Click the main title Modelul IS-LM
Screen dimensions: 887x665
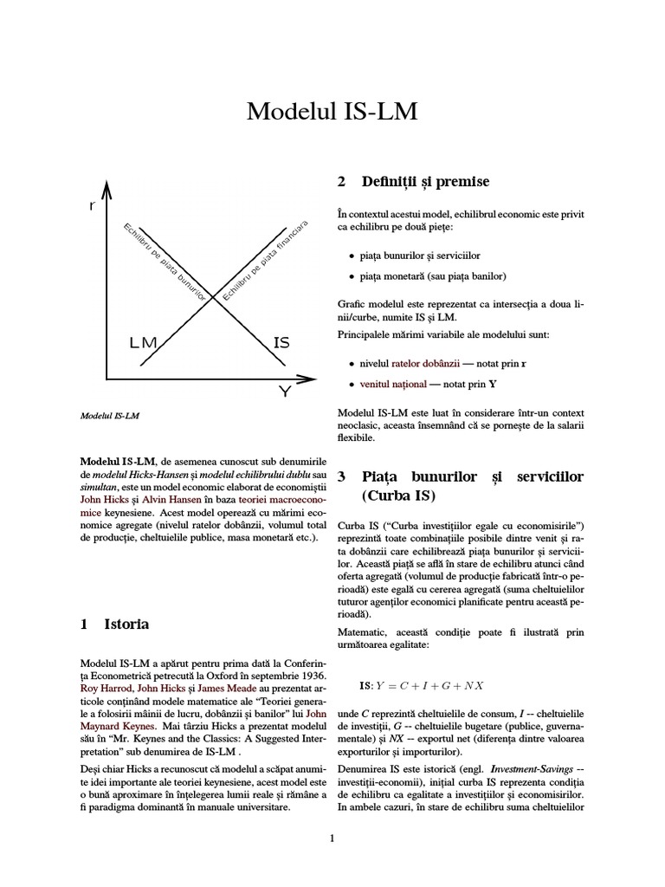(x=332, y=112)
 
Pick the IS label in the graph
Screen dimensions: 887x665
(x=281, y=343)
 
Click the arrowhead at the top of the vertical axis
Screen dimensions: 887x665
(x=107, y=189)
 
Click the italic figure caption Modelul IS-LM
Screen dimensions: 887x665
(x=110, y=416)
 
